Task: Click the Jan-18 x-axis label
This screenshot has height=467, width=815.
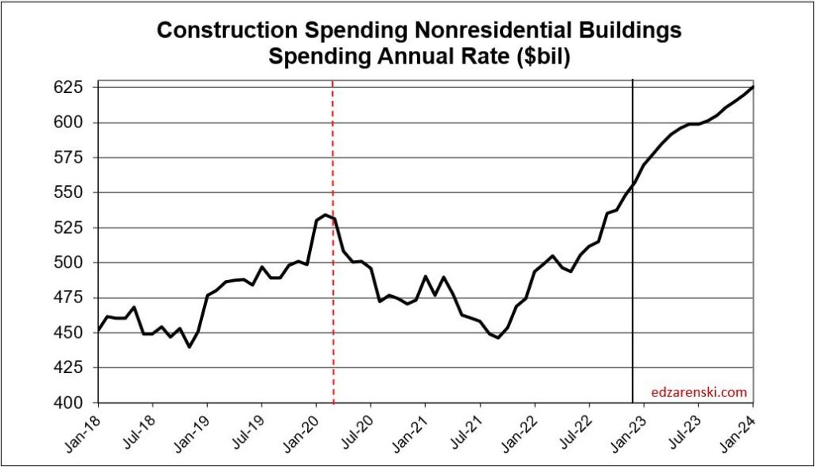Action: click(x=85, y=428)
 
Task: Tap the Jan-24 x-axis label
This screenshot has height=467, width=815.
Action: click(x=741, y=428)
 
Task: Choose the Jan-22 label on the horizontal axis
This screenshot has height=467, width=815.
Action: click(x=523, y=428)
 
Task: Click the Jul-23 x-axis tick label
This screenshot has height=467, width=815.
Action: click(x=687, y=428)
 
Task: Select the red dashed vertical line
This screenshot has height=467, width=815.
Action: click(x=333, y=318)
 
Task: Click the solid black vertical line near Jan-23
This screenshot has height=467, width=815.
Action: click(x=633, y=318)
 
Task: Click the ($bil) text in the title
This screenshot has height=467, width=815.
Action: click(x=538, y=57)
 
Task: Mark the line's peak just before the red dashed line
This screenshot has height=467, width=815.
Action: click(x=326, y=214)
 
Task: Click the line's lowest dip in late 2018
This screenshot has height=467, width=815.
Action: click(x=189, y=347)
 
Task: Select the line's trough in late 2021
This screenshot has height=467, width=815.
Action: click(x=498, y=338)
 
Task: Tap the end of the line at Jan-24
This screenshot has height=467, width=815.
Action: click(x=754, y=88)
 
